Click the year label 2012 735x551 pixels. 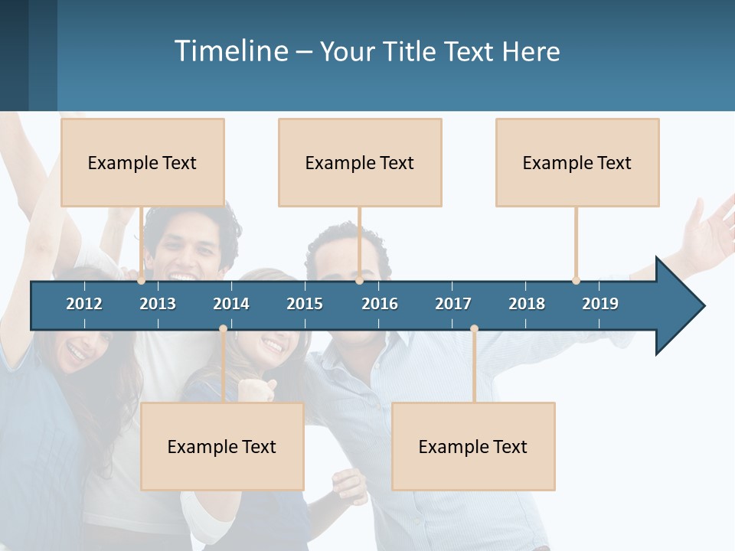[84, 304]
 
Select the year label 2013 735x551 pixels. [158, 304]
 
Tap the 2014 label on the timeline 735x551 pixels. [231, 304]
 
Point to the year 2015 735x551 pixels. [305, 304]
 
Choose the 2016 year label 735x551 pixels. [380, 304]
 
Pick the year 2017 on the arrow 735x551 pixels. [453, 304]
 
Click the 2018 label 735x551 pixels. [527, 304]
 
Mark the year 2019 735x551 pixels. [600, 304]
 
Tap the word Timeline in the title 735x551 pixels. [230, 51]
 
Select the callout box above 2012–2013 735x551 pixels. [142, 162]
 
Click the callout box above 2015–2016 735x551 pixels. [360, 162]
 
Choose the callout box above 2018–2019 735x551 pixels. [577, 162]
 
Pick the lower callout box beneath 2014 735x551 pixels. [222, 446]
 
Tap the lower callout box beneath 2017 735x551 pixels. [473, 446]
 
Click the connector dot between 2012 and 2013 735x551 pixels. [142, 281]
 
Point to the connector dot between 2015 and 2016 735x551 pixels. [359, 281]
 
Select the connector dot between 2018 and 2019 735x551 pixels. [576, 281]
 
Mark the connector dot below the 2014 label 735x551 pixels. [223, 329]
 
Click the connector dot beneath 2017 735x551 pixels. [474, 329]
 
